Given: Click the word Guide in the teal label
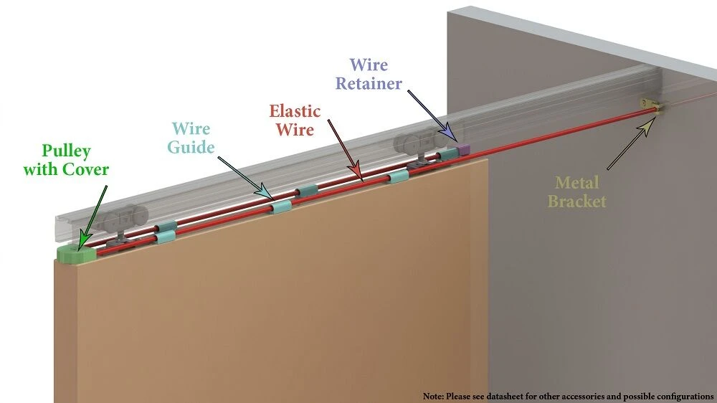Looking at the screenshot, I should coord(191,148).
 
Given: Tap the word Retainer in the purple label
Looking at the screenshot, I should coord(369,84).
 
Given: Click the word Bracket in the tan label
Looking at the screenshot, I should coord(576,201).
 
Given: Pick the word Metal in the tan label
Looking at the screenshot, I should coord(578,184).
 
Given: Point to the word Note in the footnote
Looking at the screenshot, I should coord(432,396).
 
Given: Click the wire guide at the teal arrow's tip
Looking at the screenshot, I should coord(280,208).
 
